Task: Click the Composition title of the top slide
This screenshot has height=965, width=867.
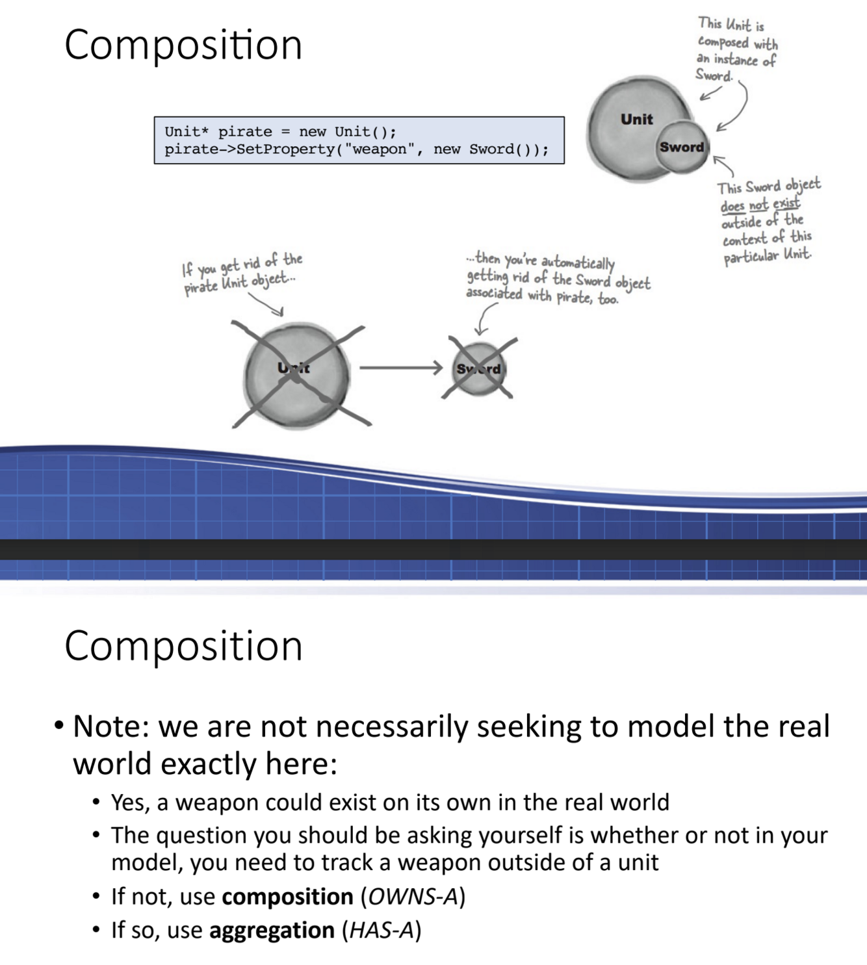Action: [x=183, y=45]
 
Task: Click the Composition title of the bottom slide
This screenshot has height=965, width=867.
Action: [x=183, y=646]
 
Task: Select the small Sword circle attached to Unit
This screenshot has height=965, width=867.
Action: [x=682, y=148]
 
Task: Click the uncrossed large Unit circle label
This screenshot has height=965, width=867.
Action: [x=636, y=120]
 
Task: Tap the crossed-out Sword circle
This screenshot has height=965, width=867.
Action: [x=479, y=369]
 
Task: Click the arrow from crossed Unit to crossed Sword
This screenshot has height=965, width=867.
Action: [x=400, y=368]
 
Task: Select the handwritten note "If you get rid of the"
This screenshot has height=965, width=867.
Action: [x=242, y=264]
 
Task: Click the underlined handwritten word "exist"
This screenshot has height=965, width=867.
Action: [x=786, y=204]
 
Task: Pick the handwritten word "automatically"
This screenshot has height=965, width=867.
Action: [x=578, y=263]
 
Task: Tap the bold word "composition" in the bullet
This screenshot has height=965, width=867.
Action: [x=287, y=897]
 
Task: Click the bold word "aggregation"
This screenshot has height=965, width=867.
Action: [x=272, y=931]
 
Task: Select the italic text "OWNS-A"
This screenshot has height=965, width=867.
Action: [x=413, y=897]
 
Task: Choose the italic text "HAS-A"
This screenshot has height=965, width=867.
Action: [x=382, y=931]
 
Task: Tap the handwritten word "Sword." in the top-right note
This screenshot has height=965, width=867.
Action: [x=714, y=75]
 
